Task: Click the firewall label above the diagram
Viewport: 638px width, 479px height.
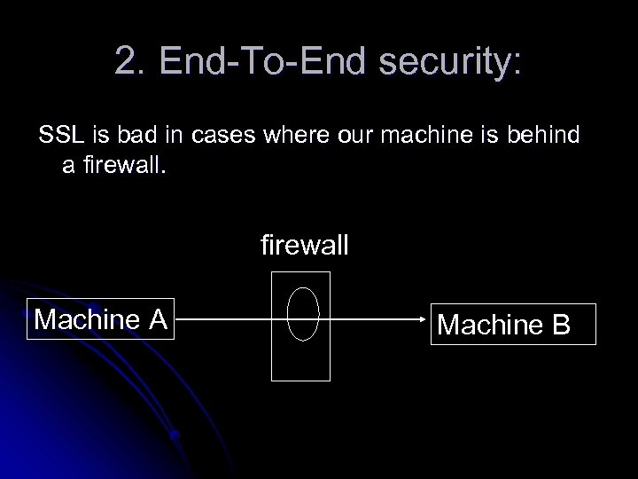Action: (x=304, y=243)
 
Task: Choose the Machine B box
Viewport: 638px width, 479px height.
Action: (x=503, y=325)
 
